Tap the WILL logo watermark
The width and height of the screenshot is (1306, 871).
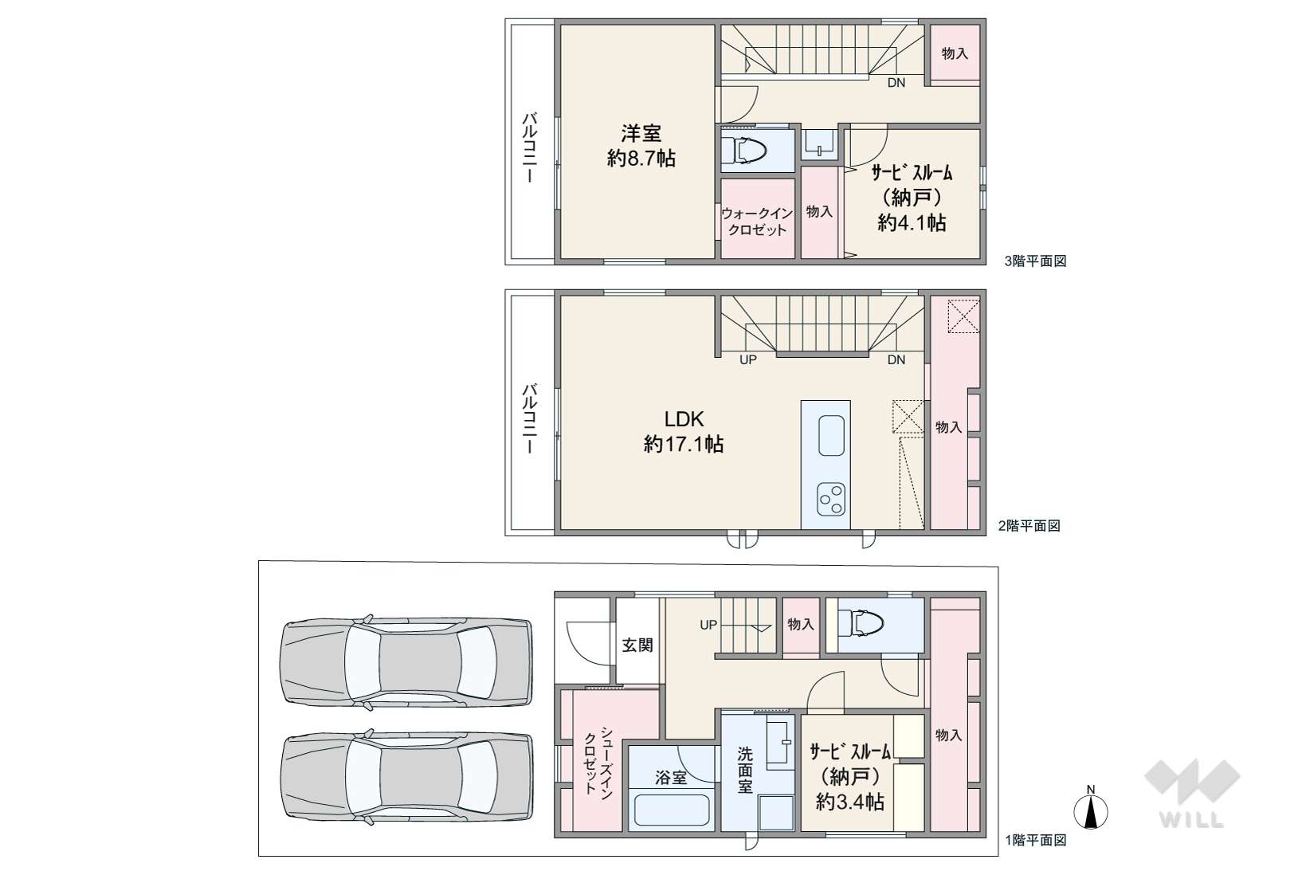point(1192,794)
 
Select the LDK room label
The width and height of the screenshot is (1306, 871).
point(684,419)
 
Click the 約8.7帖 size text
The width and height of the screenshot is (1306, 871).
point(641,158)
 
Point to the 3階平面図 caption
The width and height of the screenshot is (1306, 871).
point(1035,261)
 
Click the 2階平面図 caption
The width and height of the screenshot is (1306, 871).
point(1029,526)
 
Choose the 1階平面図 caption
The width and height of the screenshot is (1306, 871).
point(1035,840)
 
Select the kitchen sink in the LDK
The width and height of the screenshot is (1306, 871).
point(831,435)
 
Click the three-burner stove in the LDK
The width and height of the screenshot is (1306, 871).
point(831,500)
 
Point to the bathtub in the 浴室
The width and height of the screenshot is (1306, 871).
point(671,810)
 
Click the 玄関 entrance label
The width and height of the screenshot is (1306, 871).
point(637,645)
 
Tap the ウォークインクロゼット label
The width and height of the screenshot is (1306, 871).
point(757,222)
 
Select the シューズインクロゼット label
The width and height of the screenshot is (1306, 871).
point(598,760)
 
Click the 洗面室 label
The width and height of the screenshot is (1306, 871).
point(745,770)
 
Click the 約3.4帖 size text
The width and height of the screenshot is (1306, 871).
point(850,802)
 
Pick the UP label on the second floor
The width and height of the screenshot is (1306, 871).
point(748,359)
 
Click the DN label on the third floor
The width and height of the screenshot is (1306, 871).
point(896,83)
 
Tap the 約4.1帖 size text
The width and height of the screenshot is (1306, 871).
point(912,222)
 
